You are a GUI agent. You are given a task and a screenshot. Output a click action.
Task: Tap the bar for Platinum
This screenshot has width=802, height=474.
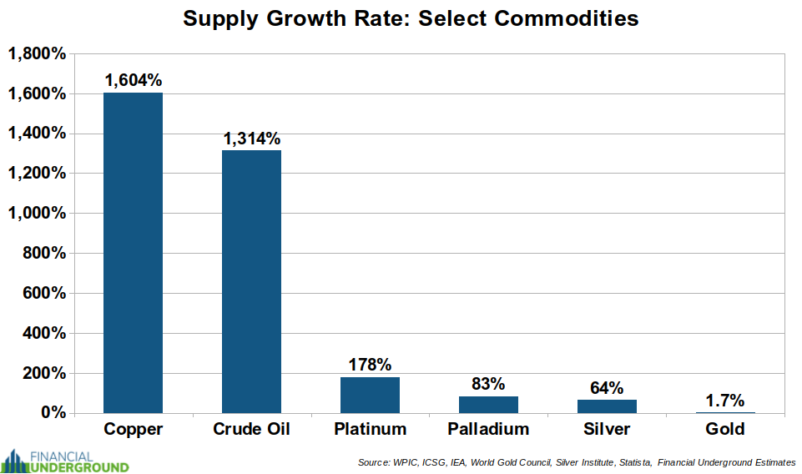click(x=370, y=395)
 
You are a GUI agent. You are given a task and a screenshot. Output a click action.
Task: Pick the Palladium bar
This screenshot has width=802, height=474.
click(x=488, y=404)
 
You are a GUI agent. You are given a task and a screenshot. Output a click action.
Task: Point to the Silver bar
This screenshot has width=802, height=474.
click(x=607, y=406)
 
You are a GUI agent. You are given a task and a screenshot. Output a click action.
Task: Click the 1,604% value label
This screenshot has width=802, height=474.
click(x=134, y=80)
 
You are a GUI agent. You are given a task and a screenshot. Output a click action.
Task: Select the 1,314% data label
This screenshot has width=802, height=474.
click(x=251, y=139)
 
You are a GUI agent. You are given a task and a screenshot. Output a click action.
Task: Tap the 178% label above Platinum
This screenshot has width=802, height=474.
click(x=370, y=365)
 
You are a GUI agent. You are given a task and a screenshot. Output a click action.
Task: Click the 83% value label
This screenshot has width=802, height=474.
click(x=488, y=384)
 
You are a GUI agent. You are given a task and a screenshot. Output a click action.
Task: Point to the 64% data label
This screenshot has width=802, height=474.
click(x=607, y=387)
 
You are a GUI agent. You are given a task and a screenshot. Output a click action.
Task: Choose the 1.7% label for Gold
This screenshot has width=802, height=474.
click(x=724, y=400)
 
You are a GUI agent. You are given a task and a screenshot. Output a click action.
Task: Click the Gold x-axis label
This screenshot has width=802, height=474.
click(x=724, y=430)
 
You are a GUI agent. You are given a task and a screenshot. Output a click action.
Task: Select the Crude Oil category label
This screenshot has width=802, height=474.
click(x=251, y=430)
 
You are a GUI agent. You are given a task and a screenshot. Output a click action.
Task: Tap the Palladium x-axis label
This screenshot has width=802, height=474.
click(x=488, y=430)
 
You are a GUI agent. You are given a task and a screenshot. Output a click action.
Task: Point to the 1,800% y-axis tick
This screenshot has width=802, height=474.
click(x=37, y=54)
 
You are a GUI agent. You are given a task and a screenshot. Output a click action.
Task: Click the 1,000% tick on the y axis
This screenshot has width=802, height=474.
click(x=37, y=214)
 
